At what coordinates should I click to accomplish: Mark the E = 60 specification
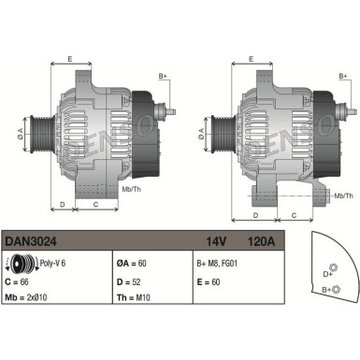pos(209,280)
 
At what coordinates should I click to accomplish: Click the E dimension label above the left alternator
pos(71,58)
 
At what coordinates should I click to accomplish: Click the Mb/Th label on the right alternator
pos(343,195)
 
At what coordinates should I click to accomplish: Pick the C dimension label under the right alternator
pos(294,215)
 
